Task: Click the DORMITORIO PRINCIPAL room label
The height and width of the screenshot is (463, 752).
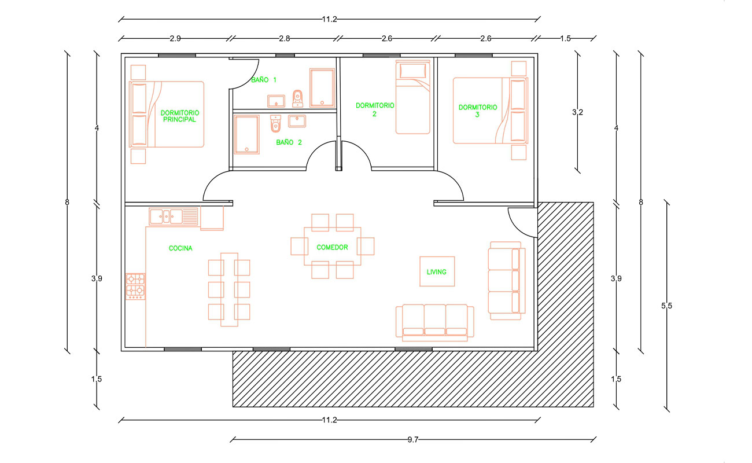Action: [179, 116]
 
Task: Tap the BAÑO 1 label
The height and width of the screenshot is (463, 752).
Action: [264, 80]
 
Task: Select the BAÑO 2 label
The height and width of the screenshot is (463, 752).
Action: [289, 142]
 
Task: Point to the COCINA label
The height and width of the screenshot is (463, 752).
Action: [180, 248]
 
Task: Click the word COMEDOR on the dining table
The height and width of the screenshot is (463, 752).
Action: [332, 247]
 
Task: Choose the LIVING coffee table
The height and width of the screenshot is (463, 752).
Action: [437, 271]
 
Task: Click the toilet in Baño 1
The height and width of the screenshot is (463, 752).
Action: [297, 98]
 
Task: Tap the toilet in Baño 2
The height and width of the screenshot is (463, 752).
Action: [275, 123]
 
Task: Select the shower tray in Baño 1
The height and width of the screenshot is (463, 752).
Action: [322, 88]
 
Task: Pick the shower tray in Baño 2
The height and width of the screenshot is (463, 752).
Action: [247, 134]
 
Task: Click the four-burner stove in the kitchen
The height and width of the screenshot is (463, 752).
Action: [135, 286]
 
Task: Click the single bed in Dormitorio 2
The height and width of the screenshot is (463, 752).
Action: [412, 97]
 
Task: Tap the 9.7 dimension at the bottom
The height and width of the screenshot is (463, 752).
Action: [413, 439]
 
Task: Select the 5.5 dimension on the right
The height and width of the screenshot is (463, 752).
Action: [667, 306]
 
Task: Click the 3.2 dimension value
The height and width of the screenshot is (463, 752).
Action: [577, 112]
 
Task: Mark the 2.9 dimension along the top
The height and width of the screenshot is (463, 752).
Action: [175, 39]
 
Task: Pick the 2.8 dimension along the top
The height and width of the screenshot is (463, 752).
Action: [285, 39]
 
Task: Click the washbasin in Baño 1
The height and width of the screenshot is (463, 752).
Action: [276, 101]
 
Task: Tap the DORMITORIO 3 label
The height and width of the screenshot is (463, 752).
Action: [478, 111]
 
